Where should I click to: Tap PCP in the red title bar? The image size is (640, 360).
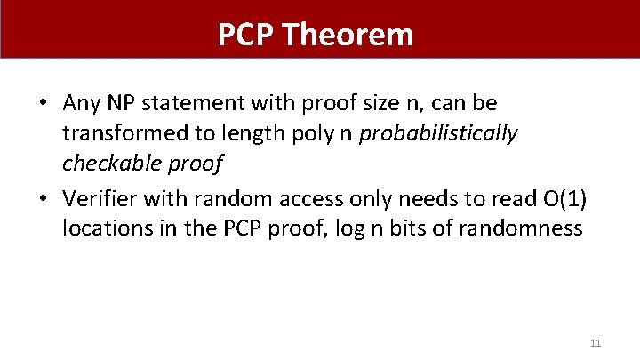(248, 35)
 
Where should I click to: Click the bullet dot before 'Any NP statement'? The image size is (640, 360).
(42, 102)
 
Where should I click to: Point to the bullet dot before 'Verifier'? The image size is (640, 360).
(42, 199)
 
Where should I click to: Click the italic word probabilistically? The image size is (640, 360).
(439, 133)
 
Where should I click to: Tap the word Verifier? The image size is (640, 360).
(97, 199)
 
